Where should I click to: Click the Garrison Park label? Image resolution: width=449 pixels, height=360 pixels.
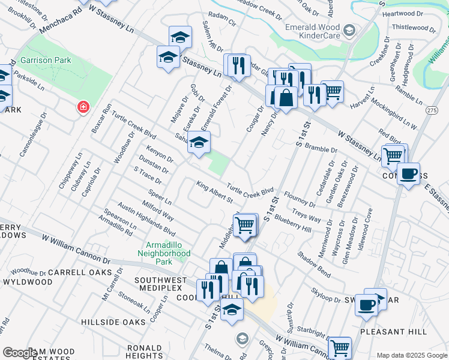46,60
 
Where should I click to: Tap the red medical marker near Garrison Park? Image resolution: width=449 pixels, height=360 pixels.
83,107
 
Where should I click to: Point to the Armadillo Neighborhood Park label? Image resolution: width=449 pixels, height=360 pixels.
168,253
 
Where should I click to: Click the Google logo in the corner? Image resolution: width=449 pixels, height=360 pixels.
19,353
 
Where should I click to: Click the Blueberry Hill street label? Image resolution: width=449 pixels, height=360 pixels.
293,224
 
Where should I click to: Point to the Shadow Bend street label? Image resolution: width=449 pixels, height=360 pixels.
313,264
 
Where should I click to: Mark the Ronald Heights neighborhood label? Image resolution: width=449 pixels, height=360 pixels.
144,352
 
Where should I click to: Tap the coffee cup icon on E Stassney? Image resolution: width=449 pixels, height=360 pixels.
408,174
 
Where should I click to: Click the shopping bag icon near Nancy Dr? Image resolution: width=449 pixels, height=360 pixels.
287,97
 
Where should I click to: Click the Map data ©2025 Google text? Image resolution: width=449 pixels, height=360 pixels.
411,355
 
